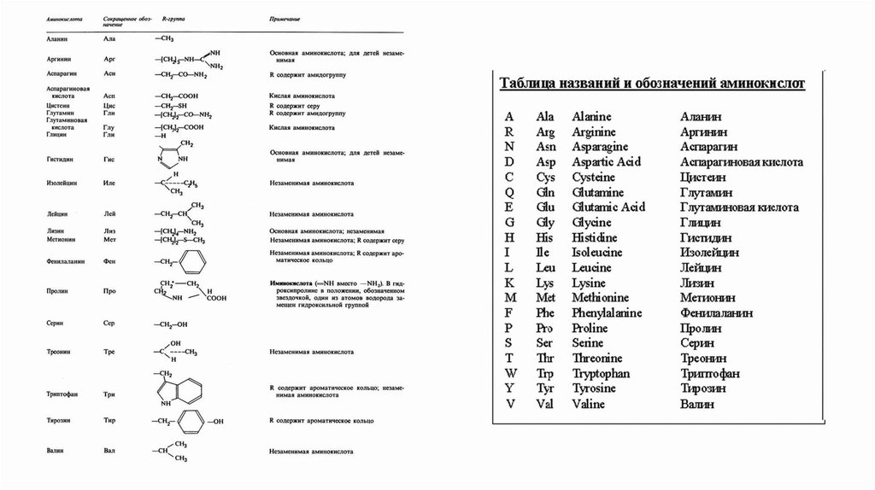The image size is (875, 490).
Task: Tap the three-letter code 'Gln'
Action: click(545, 193)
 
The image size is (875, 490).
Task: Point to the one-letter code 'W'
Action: click(510, 374)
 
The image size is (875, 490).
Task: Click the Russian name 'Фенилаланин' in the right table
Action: click(717, 313)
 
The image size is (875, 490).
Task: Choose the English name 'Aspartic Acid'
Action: click(608, 162)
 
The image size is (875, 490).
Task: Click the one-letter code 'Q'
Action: click(509, 193)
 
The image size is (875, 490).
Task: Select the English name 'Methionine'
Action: click(602, 298)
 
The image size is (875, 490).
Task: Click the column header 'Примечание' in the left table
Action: click(284, 18)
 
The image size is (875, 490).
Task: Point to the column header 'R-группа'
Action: click(174, 18)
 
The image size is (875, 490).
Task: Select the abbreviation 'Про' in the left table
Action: click(109, 291)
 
